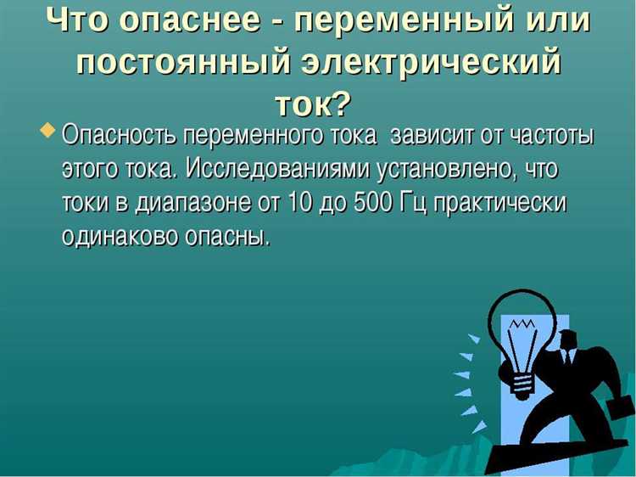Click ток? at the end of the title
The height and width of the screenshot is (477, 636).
[312, 104]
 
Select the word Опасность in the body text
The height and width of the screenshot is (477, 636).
[119, 136]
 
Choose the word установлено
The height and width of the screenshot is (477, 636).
[449, 170]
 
